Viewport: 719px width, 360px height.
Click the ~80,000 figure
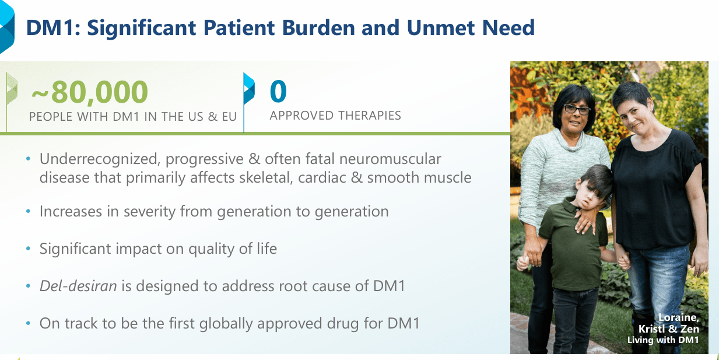point(90,93)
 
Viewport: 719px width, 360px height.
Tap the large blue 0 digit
point(278,91)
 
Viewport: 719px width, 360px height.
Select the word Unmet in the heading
point(441,27)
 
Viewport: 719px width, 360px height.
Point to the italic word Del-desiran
point(78,286)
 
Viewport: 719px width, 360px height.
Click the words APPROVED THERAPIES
point(335,116)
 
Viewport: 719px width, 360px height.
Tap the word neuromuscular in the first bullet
point(390,159)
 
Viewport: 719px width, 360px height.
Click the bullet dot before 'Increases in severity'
point(28,211)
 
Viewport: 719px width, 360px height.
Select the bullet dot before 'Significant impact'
point(28,249)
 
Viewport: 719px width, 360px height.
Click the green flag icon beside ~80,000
point(12,89)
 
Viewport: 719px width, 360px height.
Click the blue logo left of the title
point(7,26)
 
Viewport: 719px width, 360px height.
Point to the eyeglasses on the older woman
point(577,109)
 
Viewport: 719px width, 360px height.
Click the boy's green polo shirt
point(573,244)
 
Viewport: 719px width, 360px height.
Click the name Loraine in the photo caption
point(679,317)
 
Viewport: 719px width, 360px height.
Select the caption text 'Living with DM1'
point(663,340)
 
